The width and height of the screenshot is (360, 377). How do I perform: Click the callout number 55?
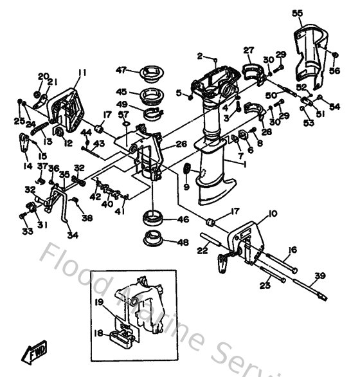click(297, 13)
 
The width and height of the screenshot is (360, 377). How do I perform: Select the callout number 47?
click(120, 70)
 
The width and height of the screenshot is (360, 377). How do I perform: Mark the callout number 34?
click(73, 235)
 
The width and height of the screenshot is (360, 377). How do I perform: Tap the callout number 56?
click(334, 71)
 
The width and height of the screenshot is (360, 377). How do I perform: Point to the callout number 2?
click(200, 55)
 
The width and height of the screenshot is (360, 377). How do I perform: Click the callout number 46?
click(183, 219)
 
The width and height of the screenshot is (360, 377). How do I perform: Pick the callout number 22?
click(202, 250)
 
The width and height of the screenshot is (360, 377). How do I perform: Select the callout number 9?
click(186, 187)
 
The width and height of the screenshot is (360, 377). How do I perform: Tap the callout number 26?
click(181, 144)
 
